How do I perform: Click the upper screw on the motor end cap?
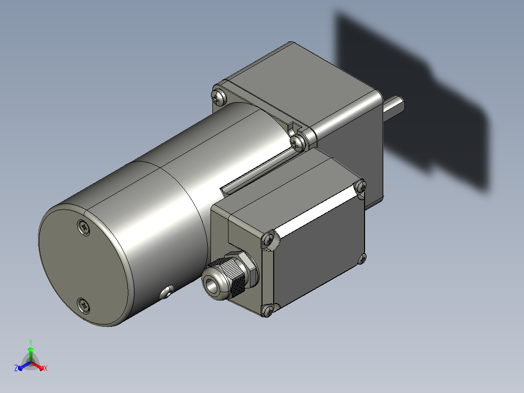[84, 228]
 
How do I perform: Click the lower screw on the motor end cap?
[83, 306]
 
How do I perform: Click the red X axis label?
[46, 368]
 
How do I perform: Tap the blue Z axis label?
[16, 368]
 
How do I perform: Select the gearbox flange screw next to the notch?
[297, 143]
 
